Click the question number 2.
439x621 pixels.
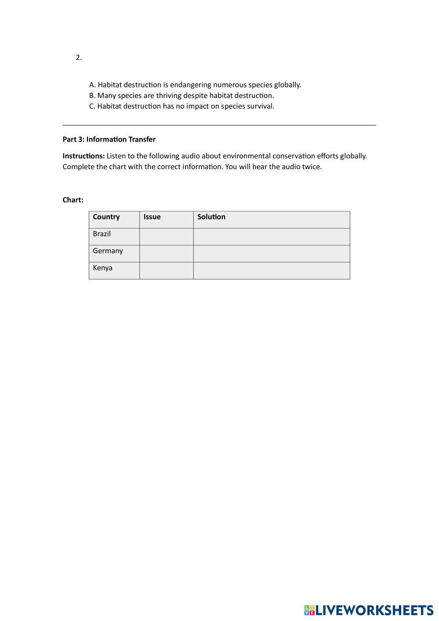coord(79,58)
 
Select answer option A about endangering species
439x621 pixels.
coord(195,85)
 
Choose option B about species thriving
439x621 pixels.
coord(181,95)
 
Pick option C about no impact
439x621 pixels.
coord(181,106)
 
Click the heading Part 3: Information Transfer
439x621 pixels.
coord(109,139)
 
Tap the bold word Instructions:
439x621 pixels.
coord(83,156)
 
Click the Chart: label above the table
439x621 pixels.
coord(73,200)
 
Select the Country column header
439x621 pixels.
coord(106,217)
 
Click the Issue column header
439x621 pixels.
coord(152,217)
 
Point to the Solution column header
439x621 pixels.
coord(211,217)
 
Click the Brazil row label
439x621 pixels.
coord(102,234)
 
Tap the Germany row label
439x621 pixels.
coord(108,251)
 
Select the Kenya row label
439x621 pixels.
coord(103,268)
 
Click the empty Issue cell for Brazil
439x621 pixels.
coord(167,236)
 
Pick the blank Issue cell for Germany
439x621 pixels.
coord(167,254)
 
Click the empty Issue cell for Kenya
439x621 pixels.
coord(167,271)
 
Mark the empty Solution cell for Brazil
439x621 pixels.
coord(272,236)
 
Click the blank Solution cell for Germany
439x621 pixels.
coord(272,254)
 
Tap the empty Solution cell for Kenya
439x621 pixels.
coord(272,271)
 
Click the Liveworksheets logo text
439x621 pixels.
coord(374,610)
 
